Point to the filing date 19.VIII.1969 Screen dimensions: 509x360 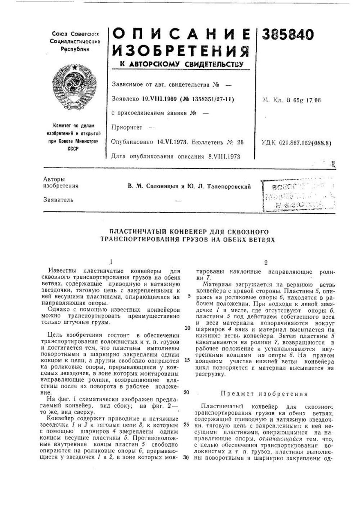pos(158,99)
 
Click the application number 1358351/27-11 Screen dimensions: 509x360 pos(207,99)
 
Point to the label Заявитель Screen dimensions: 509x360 pos(56,199)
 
